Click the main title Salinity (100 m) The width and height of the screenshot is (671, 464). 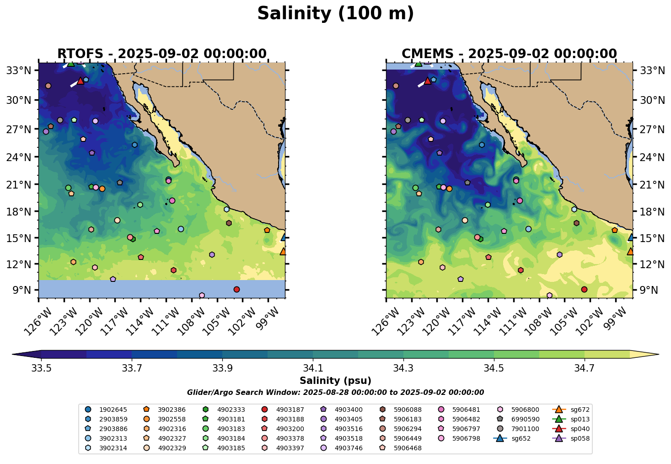point(335,14)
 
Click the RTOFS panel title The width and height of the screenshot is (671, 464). point(161,54)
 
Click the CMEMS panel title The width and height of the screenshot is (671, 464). point(509,54)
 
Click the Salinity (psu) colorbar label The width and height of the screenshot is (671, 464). point(335,381)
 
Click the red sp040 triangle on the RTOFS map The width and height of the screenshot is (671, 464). point(81,81)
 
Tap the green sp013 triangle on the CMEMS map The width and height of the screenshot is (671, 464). point(418,64)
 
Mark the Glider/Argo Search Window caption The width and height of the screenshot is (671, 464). point(335,393)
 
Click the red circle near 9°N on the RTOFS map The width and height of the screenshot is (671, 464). point(236,289)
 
